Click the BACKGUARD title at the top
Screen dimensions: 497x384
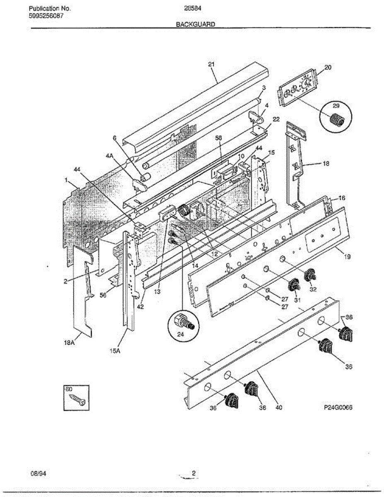pos(196,24)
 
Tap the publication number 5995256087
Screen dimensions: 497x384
pos(46,16)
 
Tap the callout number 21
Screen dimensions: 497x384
pos(212,64)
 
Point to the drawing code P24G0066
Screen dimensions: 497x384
pos(338,408)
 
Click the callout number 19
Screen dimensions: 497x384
pos(347,257)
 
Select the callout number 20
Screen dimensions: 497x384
pos(328,68)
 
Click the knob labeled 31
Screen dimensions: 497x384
pos(294,285)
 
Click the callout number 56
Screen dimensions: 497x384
pos(103,295)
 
